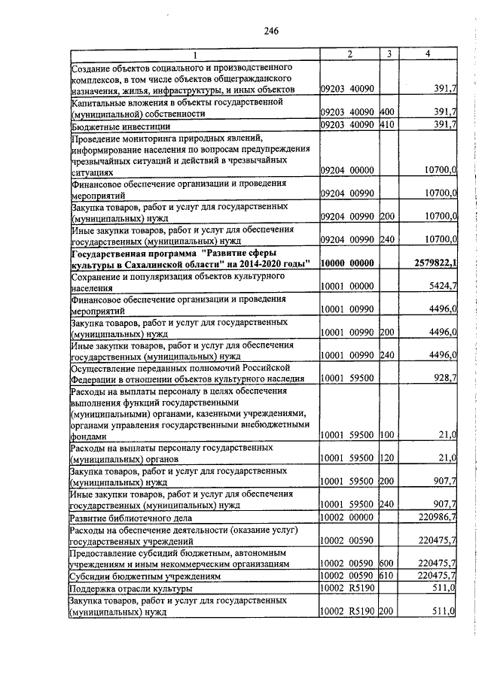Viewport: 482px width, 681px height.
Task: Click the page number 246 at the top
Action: (272, 31)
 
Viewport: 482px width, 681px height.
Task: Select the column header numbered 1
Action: (194, 54)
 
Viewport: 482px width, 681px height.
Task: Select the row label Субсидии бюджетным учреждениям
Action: (139, 575)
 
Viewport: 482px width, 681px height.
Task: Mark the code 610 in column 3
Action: (387, 575)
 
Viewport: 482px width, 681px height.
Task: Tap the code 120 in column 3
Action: (387, 458)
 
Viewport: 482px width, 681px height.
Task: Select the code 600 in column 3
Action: (387, 563)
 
